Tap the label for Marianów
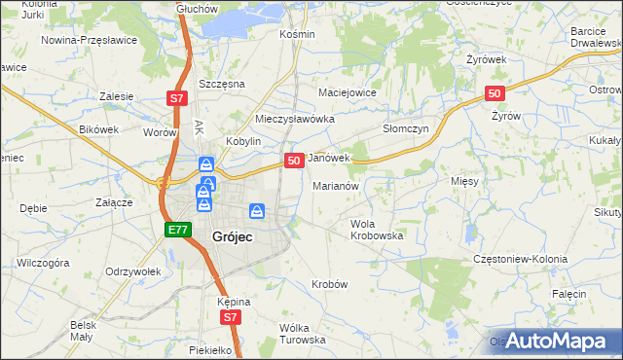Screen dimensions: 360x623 (x=337, y=185)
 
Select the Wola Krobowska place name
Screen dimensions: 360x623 (x=377, y=230)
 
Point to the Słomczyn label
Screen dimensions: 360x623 (x=406, y=128)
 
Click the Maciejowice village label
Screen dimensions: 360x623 (x=348, y=92)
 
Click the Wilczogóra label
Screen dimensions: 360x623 (x=43, y=263)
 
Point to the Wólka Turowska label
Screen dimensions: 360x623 (x=302, y=334)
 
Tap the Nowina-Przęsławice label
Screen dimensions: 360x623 (x=89, y=41)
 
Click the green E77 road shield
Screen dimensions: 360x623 (x=176, y=230)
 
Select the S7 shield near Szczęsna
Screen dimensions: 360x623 (x=176, y=98)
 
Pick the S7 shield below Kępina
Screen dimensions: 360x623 (x=229, y=317)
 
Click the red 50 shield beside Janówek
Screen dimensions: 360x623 (x=293, y=160)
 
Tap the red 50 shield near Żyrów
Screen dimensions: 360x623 (x=495, y=93)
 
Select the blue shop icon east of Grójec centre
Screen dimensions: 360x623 (x=257, y=210)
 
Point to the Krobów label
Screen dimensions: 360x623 (x=329, y=283)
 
